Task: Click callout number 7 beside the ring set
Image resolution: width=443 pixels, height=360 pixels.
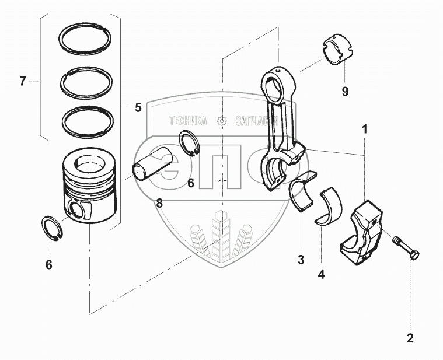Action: pos(22,82)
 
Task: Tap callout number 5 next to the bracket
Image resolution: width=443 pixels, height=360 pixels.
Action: pos(138,107)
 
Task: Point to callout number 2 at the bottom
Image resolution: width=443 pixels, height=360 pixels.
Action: pos(410,337)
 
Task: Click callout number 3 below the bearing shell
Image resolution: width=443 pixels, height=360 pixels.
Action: pos(301,260)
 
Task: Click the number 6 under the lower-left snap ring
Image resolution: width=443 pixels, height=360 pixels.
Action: pos(49,265)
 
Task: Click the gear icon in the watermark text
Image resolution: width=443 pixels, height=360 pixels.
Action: pos(221,121)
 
